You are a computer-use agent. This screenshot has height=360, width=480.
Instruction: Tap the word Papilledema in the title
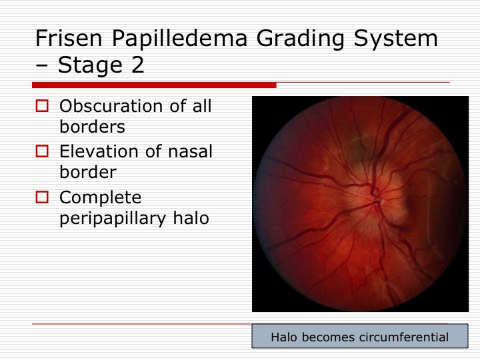179,39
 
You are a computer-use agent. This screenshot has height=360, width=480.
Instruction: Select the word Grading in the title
300,39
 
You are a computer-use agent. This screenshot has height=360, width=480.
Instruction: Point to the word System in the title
395,39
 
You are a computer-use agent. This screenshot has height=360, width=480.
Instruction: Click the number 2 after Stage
138,65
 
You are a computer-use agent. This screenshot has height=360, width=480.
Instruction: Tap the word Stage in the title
90,65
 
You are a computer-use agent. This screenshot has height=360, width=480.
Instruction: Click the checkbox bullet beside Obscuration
42,106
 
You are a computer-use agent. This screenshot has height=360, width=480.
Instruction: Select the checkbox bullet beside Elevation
42,151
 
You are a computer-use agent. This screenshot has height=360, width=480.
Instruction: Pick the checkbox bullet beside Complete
42,197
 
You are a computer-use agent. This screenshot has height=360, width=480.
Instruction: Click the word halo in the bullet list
191,217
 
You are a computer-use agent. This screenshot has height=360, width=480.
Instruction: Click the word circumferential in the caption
404,337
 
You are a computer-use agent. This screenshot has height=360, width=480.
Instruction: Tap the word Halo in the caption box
284,337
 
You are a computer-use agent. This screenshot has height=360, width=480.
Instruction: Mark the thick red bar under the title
154,85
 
